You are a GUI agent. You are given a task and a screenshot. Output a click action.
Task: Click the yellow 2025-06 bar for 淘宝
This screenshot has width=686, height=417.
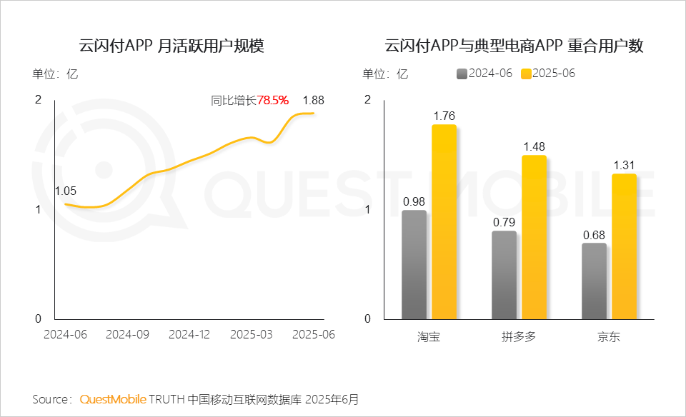click(444, 222)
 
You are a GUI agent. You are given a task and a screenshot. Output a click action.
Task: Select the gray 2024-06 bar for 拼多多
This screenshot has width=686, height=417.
click(504, 275)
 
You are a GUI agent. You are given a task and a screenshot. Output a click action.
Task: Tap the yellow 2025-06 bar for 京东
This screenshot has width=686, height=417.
click(624, 246)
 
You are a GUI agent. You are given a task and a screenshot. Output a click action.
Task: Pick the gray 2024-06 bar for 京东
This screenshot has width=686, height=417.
click(594, 281)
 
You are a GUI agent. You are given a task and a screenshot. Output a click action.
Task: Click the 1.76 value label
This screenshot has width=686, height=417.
click(444, 116)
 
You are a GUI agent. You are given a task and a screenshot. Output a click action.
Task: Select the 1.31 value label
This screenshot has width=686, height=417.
click(624, 165)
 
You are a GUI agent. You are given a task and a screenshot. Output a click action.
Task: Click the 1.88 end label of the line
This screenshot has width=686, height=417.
click(313, 100)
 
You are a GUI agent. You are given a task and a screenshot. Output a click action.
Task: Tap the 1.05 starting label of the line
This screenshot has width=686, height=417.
click(65, 191)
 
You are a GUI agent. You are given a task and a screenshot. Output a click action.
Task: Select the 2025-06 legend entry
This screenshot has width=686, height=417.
click(548, 74)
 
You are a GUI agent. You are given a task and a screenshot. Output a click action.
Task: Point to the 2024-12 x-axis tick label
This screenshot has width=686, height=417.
click(189, 334)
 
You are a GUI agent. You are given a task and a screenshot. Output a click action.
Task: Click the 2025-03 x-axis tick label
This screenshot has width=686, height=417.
click(251, 334)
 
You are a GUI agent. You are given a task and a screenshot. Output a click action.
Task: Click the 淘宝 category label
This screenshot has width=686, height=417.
click(429, 336)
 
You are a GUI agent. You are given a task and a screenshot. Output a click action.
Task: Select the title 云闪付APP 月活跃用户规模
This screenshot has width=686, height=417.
click(171, 47)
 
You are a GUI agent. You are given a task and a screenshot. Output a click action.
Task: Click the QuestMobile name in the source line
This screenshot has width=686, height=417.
click(113, 398)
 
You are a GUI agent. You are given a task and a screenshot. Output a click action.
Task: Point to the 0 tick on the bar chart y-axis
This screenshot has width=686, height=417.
click(368, 318)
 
